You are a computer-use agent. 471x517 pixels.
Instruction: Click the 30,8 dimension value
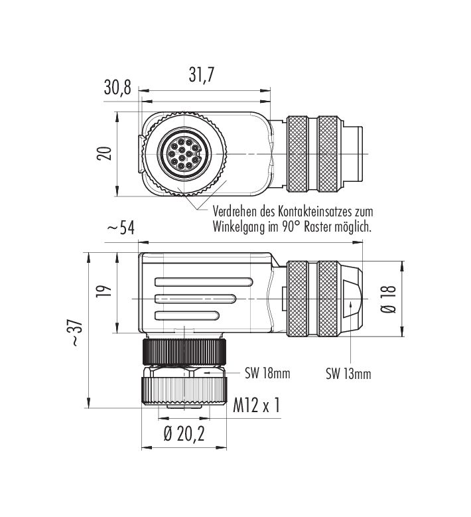pyautogui.click(x=118, y=87)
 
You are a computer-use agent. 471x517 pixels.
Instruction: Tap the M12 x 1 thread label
pyautogui.click(x=256, y=405)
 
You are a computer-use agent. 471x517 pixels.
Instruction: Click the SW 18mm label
pyautogui.click(x=268, y=374)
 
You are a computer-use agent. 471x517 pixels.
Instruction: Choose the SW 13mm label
pyautogui.click(x=348, y=374)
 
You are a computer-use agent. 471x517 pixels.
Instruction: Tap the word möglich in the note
pyautogui.click(x=354, y=227)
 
